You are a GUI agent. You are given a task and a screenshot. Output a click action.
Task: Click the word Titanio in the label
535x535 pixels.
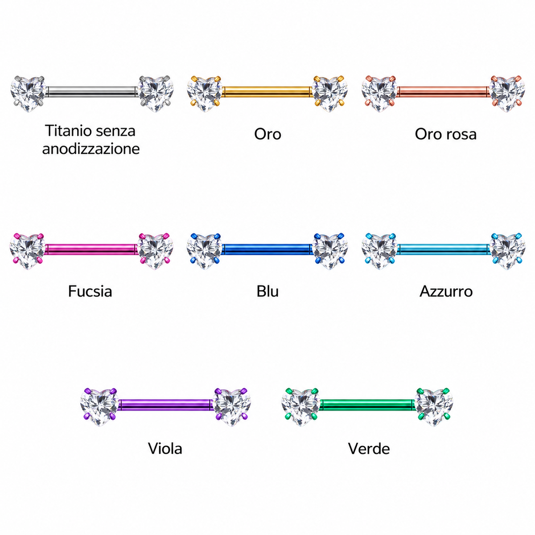(65, 131)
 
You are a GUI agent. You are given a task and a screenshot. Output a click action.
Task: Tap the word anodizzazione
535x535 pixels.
(91, 149)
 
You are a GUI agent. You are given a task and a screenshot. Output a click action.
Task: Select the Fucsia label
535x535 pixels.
(90, 292)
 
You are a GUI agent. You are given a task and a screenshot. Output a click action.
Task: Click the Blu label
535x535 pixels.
(267, 292)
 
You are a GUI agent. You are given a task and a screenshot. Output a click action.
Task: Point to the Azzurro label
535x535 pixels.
(446, 292)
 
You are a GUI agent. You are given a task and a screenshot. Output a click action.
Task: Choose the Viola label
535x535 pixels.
(165, 449)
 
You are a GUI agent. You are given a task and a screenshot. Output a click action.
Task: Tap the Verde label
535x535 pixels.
(369, 449)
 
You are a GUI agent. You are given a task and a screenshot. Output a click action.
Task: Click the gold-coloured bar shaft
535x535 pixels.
(267, 92)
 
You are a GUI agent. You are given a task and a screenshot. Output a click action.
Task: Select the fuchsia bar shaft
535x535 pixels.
(91, 249)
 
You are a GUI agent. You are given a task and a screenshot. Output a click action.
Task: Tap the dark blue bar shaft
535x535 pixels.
(267, 249)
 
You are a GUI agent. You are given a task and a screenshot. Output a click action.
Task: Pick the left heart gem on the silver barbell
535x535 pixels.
(28, 94)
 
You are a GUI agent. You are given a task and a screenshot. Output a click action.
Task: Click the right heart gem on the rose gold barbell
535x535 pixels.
(507, 94)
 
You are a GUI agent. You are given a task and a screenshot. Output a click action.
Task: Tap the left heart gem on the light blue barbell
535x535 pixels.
(379, 251)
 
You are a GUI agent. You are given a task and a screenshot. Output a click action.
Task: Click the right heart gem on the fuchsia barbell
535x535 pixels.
(155, 251)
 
